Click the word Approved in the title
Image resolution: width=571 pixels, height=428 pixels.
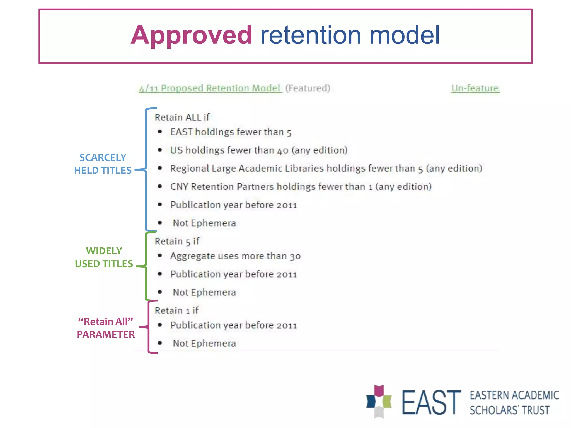coord(192,35)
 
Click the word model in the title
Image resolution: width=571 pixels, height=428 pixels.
coord(404,35)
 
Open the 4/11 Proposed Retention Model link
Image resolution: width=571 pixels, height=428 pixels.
coord(210,88)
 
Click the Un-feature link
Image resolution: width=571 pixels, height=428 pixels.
coord(475,88)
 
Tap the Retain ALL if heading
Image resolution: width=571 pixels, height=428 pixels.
coord(182,117)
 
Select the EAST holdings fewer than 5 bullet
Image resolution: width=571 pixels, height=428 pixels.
coord(231,132)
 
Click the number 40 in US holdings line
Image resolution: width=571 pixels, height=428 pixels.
coord(283,150)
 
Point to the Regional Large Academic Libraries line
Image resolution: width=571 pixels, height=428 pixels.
coord(326,169)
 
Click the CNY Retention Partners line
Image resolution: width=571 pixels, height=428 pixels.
coord(301,187)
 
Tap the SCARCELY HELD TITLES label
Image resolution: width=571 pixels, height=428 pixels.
coord(103,164)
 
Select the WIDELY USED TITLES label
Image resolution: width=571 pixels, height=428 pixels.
coord(104,257)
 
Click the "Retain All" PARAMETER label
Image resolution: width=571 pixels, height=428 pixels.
coord(106,328)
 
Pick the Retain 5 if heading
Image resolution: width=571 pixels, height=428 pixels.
coord(177,241)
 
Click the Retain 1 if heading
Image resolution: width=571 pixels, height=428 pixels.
coord(176,310)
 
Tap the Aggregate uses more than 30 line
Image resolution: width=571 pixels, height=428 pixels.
coord(236,256)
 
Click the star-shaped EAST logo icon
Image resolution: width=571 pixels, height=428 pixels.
coord(379,401)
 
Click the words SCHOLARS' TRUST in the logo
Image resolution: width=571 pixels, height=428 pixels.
coord(509,410)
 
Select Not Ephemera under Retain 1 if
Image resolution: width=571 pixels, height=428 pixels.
coord(204,343)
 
